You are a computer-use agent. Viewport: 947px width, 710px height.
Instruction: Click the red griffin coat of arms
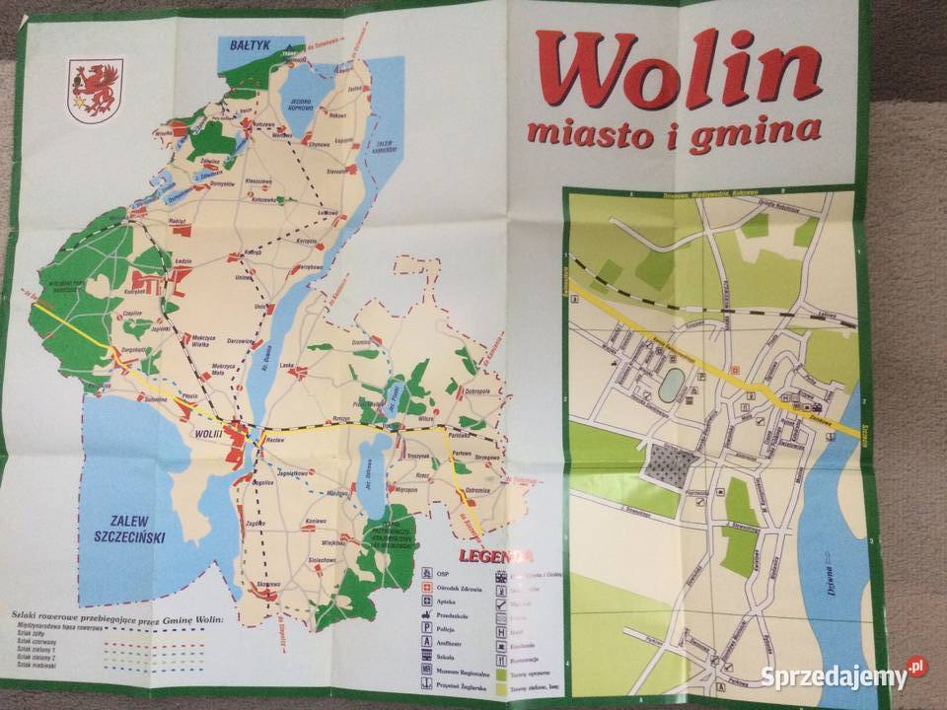point(95,90)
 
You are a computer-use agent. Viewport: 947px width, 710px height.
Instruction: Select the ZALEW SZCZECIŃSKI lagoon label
point(129,529)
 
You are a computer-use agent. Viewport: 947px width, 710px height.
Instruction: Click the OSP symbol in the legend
point(426,573)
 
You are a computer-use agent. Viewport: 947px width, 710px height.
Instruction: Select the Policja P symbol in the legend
point(426,625)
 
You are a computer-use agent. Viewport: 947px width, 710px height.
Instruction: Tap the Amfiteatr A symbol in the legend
point(426,642)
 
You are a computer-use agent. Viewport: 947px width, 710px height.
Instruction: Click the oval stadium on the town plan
point(671,385)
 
